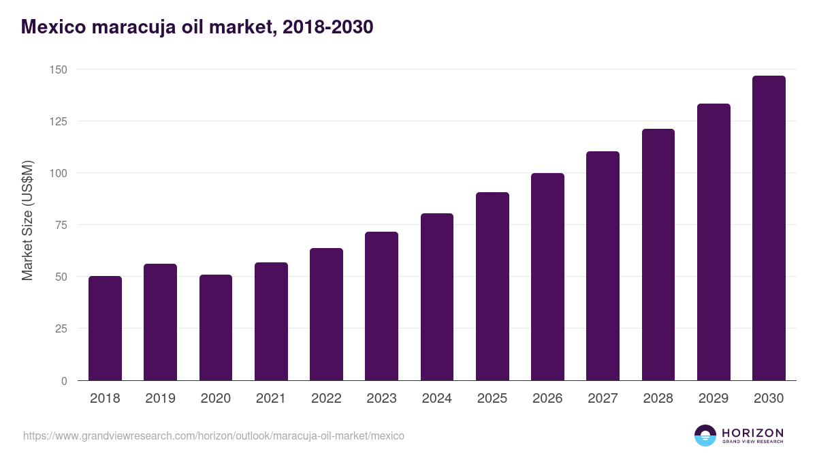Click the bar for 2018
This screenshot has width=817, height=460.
click(105, 328)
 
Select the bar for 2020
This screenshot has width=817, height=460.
click(216, 328)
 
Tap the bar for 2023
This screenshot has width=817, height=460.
click(381, 306)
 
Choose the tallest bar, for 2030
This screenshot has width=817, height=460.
click(769, 228)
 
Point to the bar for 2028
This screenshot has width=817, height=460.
click(658, 255)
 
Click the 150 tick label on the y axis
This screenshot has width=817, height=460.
click(58, 70)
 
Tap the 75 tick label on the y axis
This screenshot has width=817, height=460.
click(61, 225)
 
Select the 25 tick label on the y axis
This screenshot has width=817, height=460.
click(61, 328)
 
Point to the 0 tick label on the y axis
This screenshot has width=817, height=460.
click(64, 381)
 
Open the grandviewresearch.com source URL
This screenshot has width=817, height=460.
click(214, 435)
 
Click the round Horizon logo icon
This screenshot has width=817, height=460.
click(705, 435)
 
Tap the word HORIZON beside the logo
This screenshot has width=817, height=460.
click(752, 432)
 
